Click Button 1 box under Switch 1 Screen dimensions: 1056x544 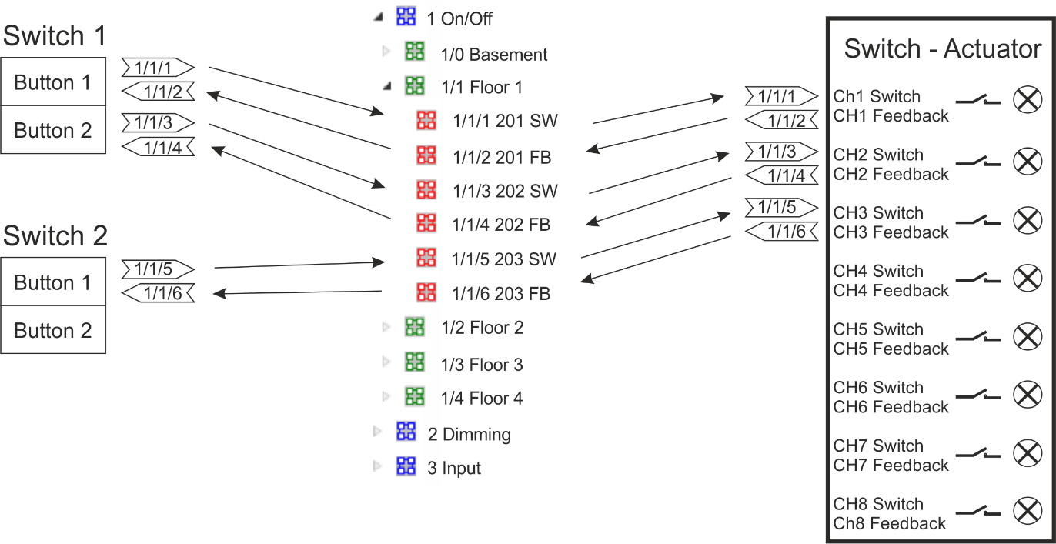tap(53, 82)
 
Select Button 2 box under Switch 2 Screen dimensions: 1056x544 tap(53, 329)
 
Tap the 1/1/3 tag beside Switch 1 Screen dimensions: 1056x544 tap(158, 123)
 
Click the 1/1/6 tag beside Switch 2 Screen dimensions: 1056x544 tap(158, 293)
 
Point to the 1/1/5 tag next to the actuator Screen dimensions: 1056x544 tap(781, 207)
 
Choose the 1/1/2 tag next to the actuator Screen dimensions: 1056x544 tap(781, 120)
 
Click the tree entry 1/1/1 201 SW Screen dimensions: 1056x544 tap(505, 121)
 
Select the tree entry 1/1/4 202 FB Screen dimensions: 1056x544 tap(501, 225)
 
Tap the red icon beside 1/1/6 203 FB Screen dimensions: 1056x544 tap(426, 292)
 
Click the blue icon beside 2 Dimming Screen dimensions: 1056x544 tap(406, 431)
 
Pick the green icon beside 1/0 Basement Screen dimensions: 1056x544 tap(415, 51)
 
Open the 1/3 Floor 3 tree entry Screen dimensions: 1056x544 tap(482, 365)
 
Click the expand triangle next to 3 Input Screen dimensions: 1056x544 tap(376, 466)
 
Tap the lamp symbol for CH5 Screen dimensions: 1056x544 tap(1028, 336)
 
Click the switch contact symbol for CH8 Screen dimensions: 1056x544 tap(978, 512)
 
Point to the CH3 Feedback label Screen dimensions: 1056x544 tap(891, 232)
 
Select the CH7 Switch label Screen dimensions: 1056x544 tap(877, 446)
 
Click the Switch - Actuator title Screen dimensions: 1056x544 tap(942, 48)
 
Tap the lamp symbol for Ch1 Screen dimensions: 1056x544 tap(1028, 100)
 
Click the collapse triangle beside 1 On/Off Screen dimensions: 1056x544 tap(378, 18)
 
